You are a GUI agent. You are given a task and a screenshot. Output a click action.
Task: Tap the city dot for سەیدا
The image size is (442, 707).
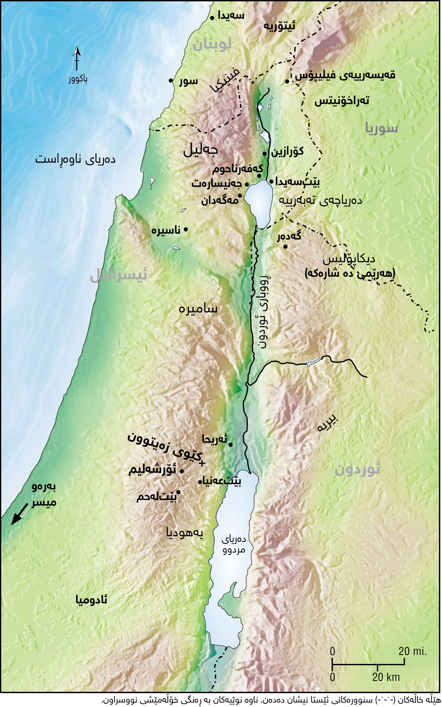click(x=212, y=18)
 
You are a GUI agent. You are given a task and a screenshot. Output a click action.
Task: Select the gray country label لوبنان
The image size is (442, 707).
click(x=212, y=44)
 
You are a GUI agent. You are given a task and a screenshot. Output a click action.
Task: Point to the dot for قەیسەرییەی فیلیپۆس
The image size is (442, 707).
click(x=287, y=81)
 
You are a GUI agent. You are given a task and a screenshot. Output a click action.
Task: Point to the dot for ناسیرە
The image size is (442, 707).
click(x=186, y=230)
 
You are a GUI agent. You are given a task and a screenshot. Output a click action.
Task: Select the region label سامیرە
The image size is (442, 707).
click(x=198, y=309)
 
